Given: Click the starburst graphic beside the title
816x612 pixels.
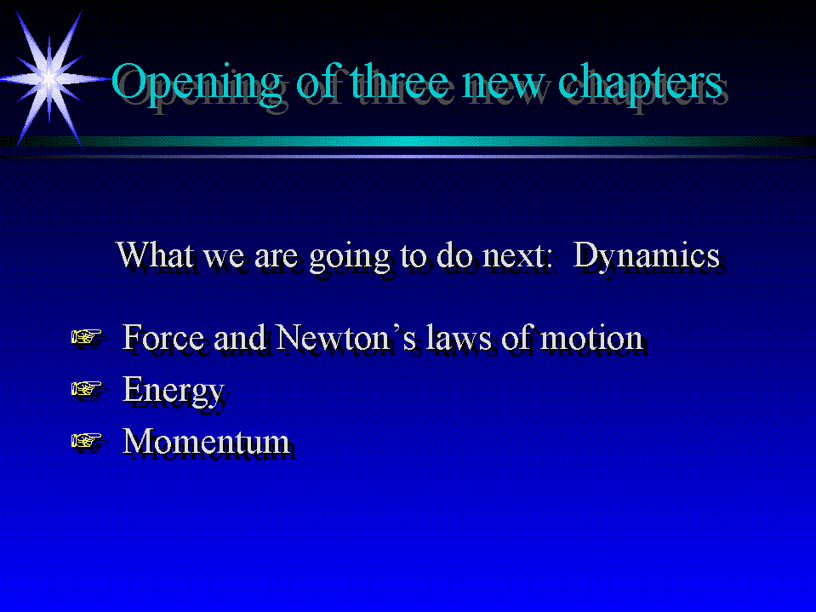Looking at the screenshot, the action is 49,79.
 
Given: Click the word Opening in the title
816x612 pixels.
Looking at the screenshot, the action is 197,83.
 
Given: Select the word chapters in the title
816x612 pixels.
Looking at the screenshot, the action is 640,83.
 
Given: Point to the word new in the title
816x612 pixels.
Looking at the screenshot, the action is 503,86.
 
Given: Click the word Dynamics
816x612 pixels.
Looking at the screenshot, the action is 647,256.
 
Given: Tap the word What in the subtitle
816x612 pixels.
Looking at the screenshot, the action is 155,255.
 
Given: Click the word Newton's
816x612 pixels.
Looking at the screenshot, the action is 345,337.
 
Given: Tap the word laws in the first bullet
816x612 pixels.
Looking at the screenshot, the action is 459,337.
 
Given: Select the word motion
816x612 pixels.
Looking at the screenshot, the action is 591,339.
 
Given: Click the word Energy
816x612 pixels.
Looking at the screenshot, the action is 174,391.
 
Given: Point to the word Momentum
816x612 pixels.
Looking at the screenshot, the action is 206,441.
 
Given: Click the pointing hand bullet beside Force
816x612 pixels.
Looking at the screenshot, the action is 87,337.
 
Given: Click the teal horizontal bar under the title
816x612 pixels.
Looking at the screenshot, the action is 408,141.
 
